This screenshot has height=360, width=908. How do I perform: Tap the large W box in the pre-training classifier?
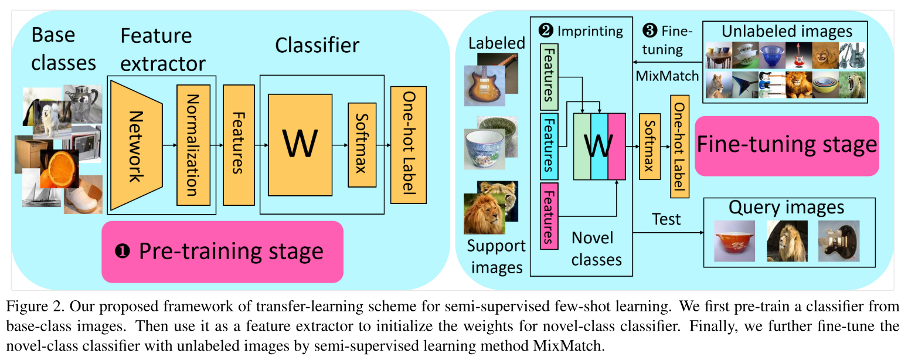[300, 144]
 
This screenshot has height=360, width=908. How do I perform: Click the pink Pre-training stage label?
[222, 252]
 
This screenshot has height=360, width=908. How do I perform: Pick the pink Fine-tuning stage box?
[786, 145]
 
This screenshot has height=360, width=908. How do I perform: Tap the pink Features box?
[548, 215]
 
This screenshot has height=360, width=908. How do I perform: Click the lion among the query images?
[787, 240]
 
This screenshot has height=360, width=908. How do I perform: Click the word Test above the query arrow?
[666, 219]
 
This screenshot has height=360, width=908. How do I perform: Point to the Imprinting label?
[590, 30]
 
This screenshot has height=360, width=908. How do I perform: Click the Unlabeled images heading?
[787, 30]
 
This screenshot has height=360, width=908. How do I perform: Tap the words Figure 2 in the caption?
[32, 306]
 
